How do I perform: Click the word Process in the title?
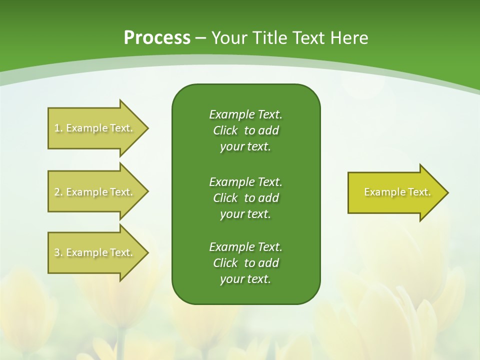(x=156, y=37)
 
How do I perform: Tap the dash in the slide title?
(x=200, y=38)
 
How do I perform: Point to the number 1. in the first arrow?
(x=58, y=128)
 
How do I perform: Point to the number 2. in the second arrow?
(x=58, y=192)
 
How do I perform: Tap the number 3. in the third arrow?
(x=58, y=252)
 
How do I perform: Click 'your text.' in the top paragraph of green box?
(x=245, y=146)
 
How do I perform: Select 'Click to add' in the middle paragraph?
(x=245, y=198)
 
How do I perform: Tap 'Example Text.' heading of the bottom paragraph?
(x=245, y=247)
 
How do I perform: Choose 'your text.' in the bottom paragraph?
(x=245, y=279)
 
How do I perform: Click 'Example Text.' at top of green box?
(x=245, y=114)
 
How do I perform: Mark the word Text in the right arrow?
(x=419, y=192)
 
